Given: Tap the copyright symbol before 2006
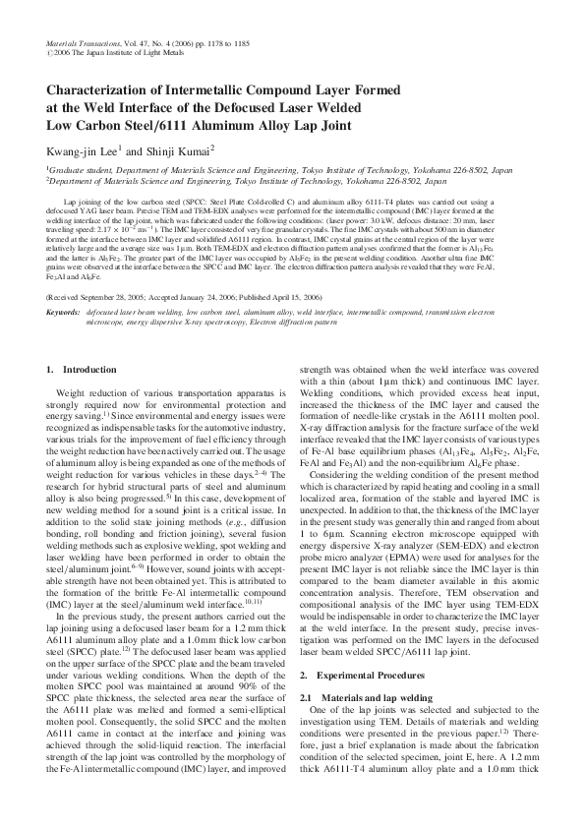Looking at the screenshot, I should tap(49, 55).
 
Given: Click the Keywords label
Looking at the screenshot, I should tap(64, 283).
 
